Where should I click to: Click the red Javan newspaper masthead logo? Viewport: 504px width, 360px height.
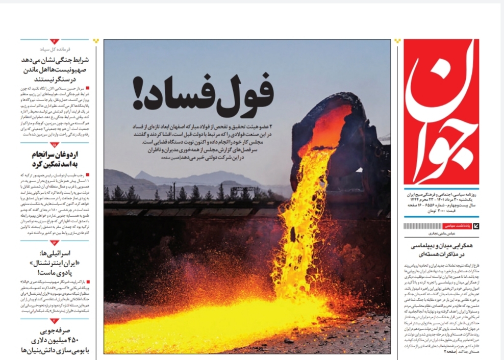(441, 111)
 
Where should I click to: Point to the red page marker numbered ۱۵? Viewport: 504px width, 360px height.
(55, 145)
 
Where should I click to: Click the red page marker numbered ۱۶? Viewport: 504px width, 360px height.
(55, 243)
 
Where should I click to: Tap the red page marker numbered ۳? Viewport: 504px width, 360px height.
(55, 320)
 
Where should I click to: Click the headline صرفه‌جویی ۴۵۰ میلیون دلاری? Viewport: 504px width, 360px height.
(56, 340)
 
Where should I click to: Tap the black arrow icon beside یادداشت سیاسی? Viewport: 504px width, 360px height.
(475, 225)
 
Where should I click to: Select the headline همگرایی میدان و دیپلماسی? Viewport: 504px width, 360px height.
(441, 249)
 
